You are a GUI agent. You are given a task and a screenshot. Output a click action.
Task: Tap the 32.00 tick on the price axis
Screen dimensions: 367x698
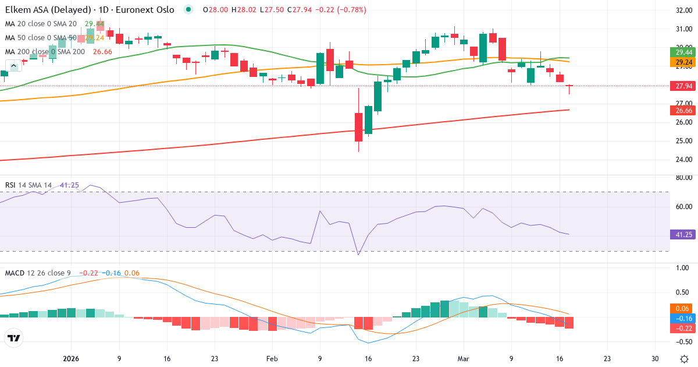tap(681, 10)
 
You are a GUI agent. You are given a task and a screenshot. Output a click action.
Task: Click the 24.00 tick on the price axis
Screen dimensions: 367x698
tap(681, 159)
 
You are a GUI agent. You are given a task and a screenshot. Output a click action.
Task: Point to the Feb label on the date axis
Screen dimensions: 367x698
tap(272, 359)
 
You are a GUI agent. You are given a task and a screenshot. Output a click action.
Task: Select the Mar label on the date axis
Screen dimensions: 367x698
tap(462, 359)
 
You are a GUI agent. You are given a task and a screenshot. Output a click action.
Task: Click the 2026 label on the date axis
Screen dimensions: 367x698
tap(71, 359)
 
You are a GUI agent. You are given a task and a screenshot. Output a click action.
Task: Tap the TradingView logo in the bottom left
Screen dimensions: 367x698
tap(14, 338)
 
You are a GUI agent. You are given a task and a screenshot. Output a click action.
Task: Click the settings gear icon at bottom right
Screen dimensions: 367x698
tap(684, 359)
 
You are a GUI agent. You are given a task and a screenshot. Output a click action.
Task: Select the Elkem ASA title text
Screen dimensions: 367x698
tap(44, 9)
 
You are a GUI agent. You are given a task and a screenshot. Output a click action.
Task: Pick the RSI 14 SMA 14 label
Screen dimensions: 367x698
tap(29, 185)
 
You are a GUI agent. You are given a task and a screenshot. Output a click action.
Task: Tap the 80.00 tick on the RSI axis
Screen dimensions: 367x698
tap(681, 178)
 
